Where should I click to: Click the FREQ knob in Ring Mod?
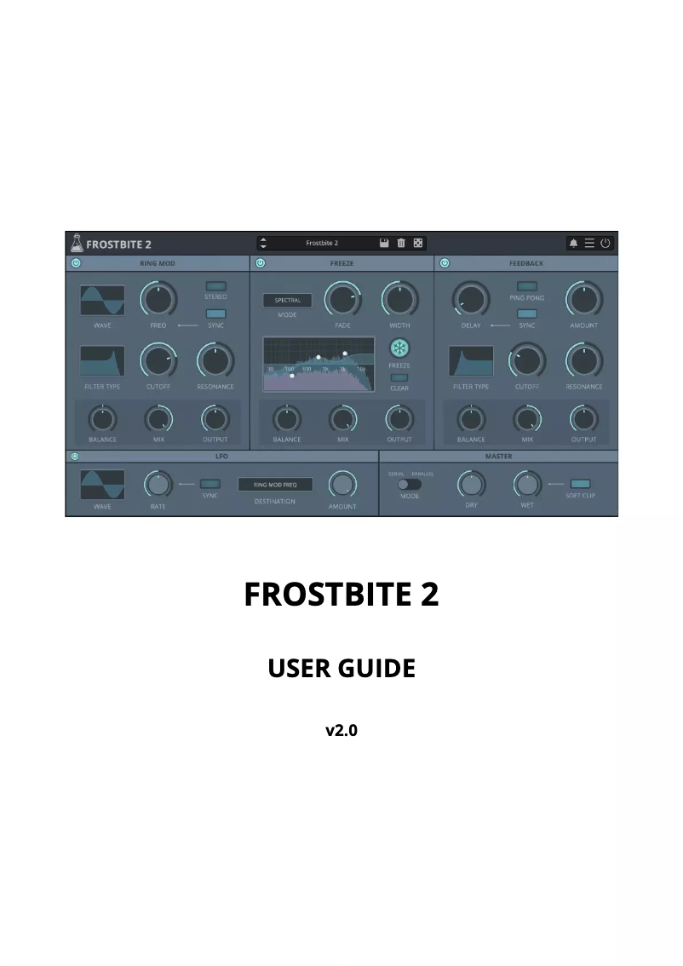point(158,299)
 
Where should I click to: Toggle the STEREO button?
point(216,286)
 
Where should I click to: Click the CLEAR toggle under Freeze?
point(399,377)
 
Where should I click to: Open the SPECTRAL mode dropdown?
point(287,301)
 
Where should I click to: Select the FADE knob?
point(342,299)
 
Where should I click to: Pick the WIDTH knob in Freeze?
point(399,299)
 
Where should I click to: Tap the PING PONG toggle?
point(527,286)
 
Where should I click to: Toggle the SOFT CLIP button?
point(580,484)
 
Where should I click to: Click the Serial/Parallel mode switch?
point(410,484)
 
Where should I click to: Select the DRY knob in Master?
point(471,485)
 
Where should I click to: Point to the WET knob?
point(527,485)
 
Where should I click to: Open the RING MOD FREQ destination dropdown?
point(275,485)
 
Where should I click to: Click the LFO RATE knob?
point(158,485)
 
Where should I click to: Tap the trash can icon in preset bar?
point(401,243)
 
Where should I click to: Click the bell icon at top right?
point(573,243)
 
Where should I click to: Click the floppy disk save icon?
point(384,243)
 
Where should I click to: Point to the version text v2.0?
point(341,730)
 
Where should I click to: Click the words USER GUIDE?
point(341,669)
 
